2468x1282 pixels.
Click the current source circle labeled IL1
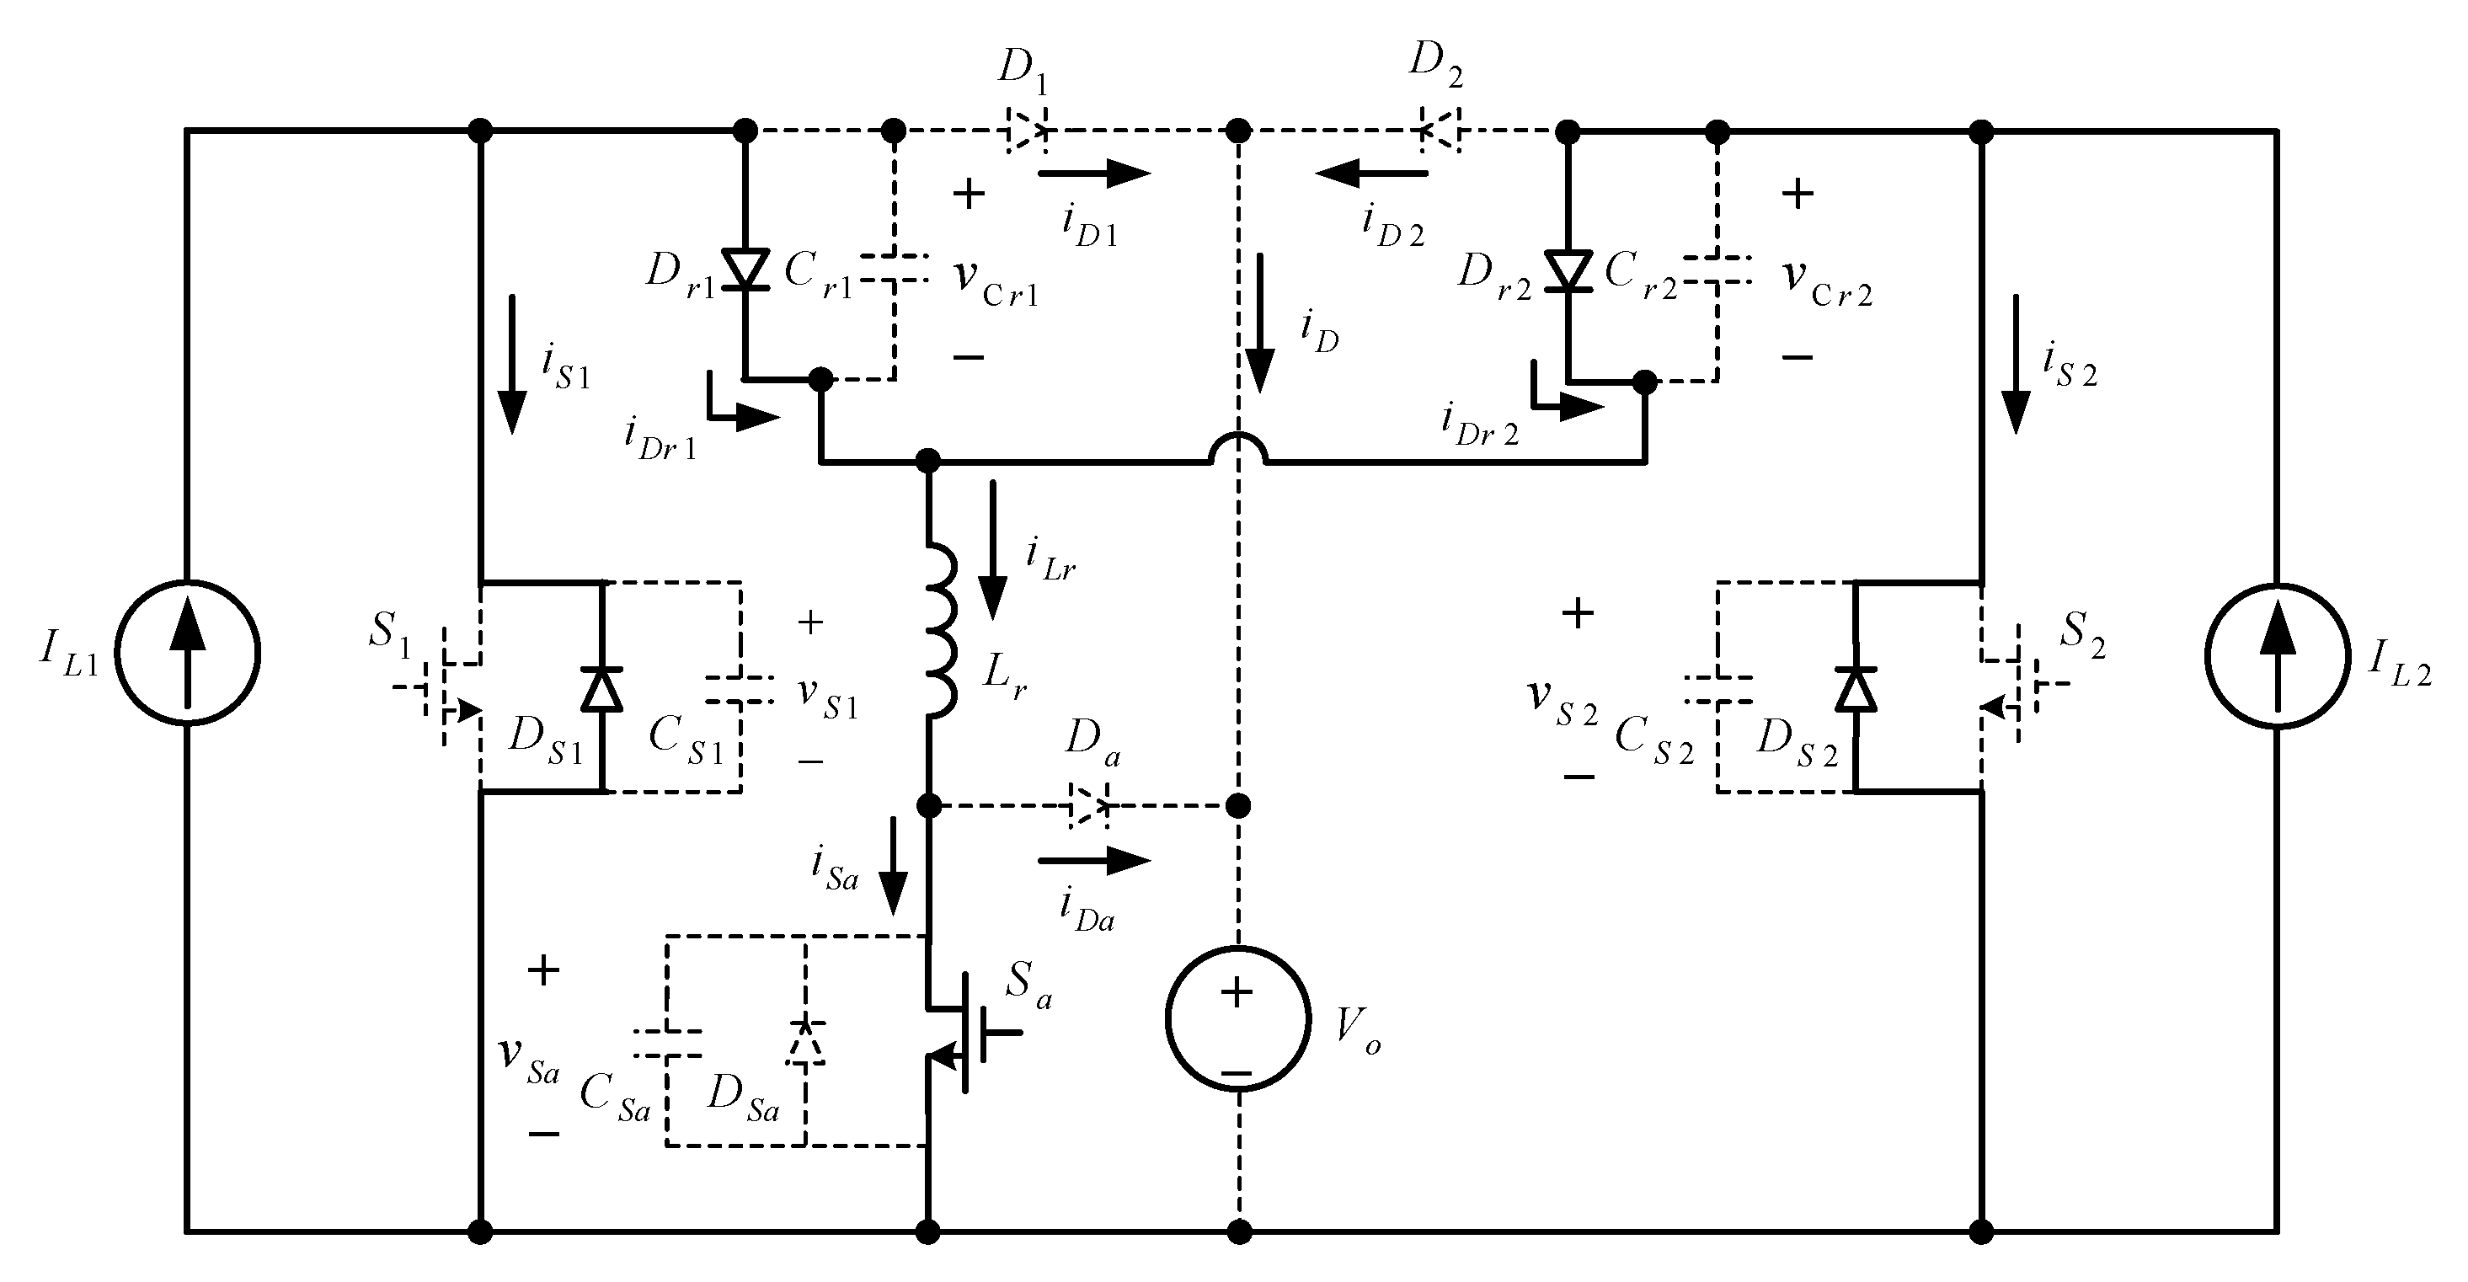tap(188, 653)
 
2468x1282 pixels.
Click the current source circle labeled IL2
tap(2278, 655)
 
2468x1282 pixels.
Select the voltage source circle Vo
tap(1238, 1018)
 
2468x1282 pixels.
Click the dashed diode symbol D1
tap(1025, 131)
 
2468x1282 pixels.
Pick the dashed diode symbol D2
tap(1439, 131)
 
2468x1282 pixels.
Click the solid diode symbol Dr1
tap(745, 270)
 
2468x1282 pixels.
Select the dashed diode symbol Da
tap(1089, 805)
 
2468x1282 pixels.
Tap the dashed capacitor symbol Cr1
tap(893, 269)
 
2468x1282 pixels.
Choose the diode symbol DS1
tap(601, 688)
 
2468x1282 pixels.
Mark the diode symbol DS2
tap(1856, 688)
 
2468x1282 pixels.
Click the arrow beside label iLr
tap(992, 551)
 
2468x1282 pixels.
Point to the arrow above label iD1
tap(1094, 174)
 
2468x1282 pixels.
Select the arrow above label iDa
tap(1094, 860)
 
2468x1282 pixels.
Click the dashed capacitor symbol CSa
tap(667, 1044)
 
